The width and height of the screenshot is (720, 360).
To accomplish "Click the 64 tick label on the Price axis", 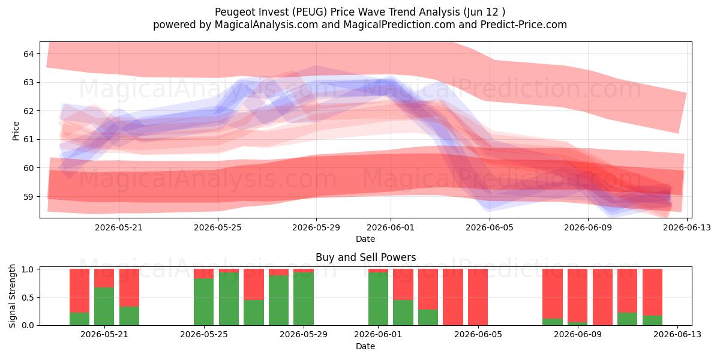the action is pos(28,53).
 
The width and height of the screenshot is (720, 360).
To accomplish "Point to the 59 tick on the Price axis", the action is pos(28,196).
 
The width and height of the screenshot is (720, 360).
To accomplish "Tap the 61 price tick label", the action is pos(28,139).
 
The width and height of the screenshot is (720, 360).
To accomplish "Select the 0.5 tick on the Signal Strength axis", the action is pos(28,298).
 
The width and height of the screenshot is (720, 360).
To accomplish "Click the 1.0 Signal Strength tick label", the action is pos(28,269).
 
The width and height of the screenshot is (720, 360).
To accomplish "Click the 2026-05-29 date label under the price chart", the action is pos(316,227).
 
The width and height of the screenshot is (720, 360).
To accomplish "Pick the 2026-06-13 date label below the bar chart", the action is pos(677,335).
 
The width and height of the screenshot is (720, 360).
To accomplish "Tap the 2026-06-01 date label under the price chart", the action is pos(391,227).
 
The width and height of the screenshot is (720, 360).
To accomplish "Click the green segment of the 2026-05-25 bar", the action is pos(204,302).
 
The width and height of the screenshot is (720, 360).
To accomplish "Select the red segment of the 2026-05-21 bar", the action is pos(104,278).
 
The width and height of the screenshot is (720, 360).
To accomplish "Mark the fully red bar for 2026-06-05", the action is pos(478,297).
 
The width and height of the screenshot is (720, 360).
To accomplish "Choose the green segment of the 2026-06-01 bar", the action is pos(379,299).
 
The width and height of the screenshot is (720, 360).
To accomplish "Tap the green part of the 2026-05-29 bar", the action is pos(304,299).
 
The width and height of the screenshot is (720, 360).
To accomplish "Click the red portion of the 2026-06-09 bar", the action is pos(578,295).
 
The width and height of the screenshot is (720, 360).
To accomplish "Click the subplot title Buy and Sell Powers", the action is pos(366,257).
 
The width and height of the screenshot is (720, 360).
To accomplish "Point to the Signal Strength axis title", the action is pos(12,296).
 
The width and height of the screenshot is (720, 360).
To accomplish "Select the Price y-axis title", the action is pos(16,131).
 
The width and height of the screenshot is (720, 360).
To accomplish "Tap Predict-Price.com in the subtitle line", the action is pos(524,25).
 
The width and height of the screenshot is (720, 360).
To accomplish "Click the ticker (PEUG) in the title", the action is pos(310,12).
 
